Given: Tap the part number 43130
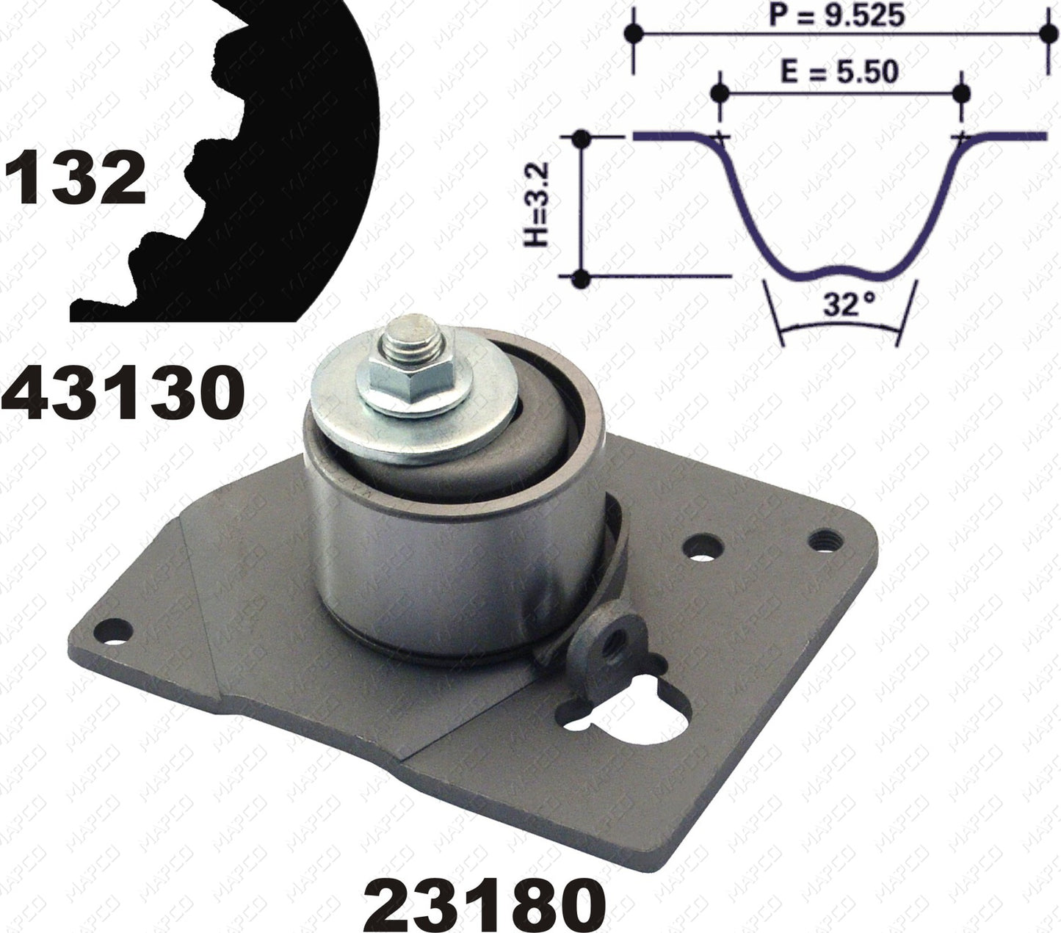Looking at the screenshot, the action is [123, 391].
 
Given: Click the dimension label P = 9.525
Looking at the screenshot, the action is [837, 15].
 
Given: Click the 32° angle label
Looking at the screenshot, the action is [841, 305].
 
